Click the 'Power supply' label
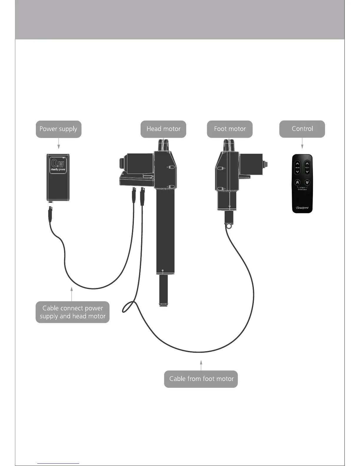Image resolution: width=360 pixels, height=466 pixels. [58, 129]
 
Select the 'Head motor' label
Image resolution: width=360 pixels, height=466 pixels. [163, 129]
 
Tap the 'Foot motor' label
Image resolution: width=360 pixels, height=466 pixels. [230, 129]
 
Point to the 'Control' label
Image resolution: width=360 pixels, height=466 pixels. [302, 129]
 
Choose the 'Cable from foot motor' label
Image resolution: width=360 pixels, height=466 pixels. [201, 379]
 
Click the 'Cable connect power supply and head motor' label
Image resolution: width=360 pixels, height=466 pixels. [72, 312]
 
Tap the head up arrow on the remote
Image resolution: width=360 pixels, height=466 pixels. [297, 164]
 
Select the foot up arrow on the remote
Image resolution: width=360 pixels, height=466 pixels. [307, 164]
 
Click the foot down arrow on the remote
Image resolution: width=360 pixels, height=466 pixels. [307, 172]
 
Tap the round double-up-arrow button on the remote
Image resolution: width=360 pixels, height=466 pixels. [297, 182]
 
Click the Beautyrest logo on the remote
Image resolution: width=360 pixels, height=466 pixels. [302, 208]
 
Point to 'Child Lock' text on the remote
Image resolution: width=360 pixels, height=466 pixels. [302, 189]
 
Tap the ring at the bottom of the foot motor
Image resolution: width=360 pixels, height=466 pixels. [229, 226]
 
